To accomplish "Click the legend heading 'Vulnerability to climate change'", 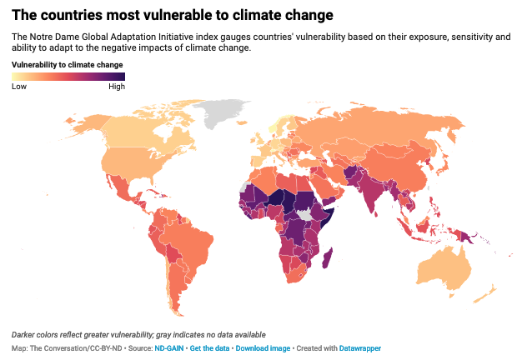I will click(x=67, y=64).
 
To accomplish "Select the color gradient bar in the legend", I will click(x=68, y=77).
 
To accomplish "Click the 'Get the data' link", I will click(x=209, y=347).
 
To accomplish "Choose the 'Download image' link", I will click(x=264, y=347).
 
